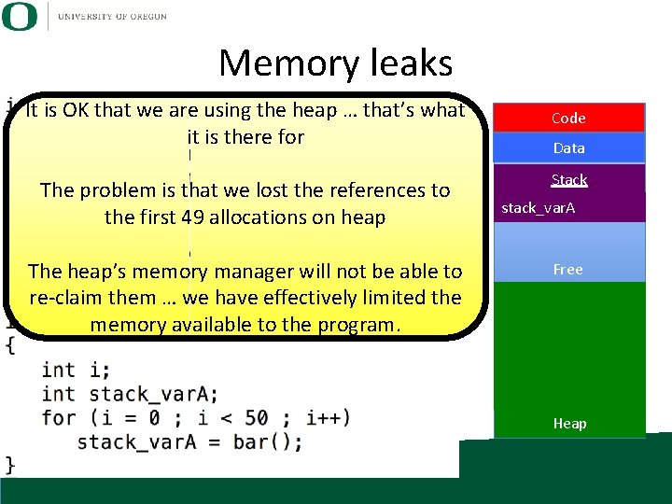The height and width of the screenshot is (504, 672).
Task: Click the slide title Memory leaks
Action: [335, 63]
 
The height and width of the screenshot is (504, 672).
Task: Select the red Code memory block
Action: [568, 119]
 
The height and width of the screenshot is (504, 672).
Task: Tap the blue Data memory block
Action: [568, 148]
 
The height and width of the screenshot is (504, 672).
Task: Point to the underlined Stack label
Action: [568, 179]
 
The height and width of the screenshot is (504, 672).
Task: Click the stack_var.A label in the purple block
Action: [539, 207]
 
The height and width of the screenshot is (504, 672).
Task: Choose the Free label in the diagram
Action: [567, 270]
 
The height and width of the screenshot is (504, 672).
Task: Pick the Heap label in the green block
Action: [569, 424]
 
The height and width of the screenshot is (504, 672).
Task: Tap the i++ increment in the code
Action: [329, 416]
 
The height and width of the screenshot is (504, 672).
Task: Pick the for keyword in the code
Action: [59, 416]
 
